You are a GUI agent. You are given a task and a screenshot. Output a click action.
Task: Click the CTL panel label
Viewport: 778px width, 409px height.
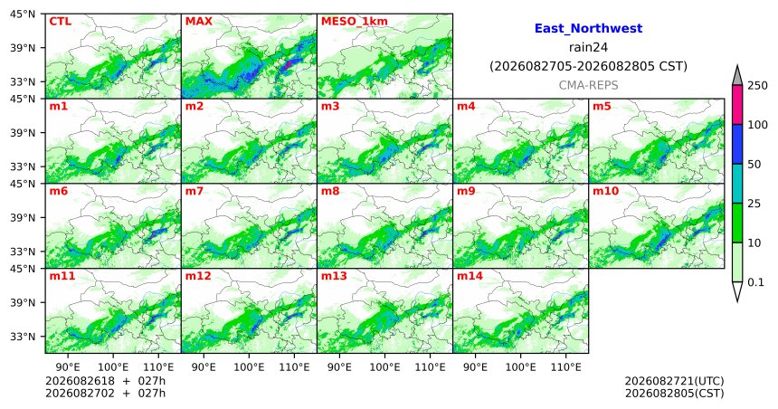tap(60, 22)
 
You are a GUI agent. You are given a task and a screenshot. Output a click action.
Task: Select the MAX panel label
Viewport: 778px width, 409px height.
tap(198, 22)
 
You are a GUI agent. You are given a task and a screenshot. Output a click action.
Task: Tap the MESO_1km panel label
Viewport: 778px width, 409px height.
tap(355, 22)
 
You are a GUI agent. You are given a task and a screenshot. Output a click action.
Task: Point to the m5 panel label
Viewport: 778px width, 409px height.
tap(602, 106)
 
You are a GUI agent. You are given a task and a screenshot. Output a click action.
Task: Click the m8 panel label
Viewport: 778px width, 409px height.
tap(330, 191)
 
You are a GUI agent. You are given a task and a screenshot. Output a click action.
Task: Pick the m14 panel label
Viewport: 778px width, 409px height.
tap(470, 276)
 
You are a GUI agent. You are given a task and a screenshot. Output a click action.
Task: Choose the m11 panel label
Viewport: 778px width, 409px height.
tap(62, 276)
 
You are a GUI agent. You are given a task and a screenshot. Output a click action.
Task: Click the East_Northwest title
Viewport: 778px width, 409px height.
tap(588, 29)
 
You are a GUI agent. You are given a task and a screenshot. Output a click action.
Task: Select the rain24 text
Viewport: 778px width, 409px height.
tap(588, 48)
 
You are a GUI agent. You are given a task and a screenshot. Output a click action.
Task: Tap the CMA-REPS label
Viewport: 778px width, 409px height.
tap(588, 85)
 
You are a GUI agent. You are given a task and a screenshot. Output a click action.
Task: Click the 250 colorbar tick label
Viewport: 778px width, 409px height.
tap(757, 86)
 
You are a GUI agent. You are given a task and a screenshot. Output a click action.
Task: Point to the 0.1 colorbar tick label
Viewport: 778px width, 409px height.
tap(755, 282)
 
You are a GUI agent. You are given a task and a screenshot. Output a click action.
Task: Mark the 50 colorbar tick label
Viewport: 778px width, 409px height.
tap(754, 165)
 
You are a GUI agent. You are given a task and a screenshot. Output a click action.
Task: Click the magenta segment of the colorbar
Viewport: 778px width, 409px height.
tap(737, 105)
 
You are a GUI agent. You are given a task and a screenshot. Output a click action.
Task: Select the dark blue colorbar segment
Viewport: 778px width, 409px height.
tap(737, 144)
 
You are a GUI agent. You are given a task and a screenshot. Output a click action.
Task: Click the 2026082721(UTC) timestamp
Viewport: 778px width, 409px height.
tap(674, 381)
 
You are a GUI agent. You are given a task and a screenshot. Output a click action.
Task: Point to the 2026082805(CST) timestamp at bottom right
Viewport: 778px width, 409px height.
tap(674, 394)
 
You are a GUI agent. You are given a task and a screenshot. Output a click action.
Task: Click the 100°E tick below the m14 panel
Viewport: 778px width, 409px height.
tap(520, 367)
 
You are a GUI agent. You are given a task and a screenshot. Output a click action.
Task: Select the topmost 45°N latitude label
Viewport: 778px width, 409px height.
tap(23, 14)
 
